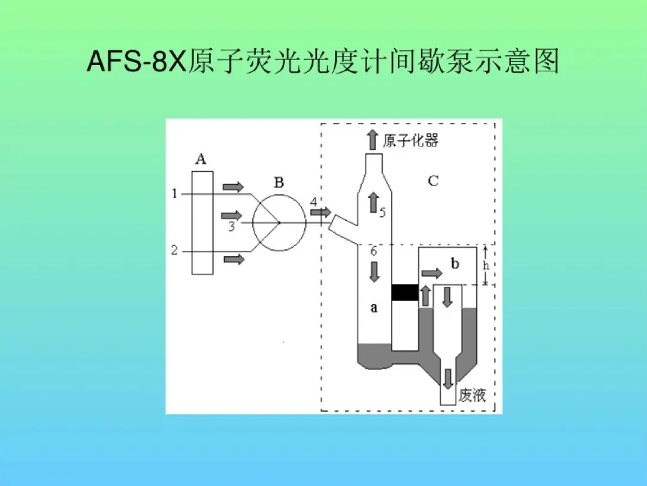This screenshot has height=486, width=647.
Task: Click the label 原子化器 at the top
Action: point(411,141)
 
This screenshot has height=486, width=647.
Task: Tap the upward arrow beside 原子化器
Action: point(372,139)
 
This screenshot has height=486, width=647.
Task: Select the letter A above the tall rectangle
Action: point(201,159)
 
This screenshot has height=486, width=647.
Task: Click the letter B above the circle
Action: point(279,183)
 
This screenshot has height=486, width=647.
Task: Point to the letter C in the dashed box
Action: point(433,180)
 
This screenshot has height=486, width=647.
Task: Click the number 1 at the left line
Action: point(174,193)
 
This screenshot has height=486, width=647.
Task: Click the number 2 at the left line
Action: point(174,251)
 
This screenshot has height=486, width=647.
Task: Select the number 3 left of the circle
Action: point(231,227)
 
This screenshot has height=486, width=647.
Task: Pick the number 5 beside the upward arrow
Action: point(382,212)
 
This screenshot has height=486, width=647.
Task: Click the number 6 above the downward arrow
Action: point(373,252)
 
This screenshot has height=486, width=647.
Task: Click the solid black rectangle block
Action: point(404,292)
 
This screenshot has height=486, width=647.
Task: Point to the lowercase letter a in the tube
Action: point(374,308)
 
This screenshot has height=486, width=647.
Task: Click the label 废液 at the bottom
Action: point(472,395)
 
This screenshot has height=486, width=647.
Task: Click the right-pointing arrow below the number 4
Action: point(321,212)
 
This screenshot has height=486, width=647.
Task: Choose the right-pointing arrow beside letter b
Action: point(432,274)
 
